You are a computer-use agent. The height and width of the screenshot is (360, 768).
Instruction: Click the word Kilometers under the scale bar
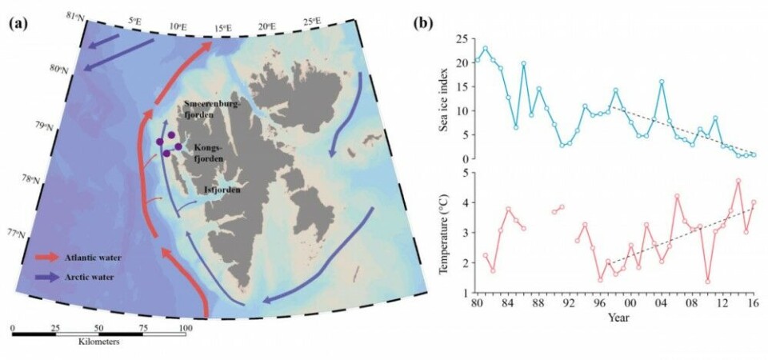coord(98,341)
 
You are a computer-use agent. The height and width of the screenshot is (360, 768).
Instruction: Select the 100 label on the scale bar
coord(185,329)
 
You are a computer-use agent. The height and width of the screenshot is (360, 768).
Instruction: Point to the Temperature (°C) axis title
coord(444,231)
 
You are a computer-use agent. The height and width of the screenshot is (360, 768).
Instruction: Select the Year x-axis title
coord(616,318)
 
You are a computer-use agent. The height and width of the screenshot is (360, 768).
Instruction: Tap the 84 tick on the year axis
coord(508,304)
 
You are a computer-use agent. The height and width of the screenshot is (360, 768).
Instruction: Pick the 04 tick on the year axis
coord(662,304)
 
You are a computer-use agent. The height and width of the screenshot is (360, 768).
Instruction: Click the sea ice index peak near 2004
coord(662,82)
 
